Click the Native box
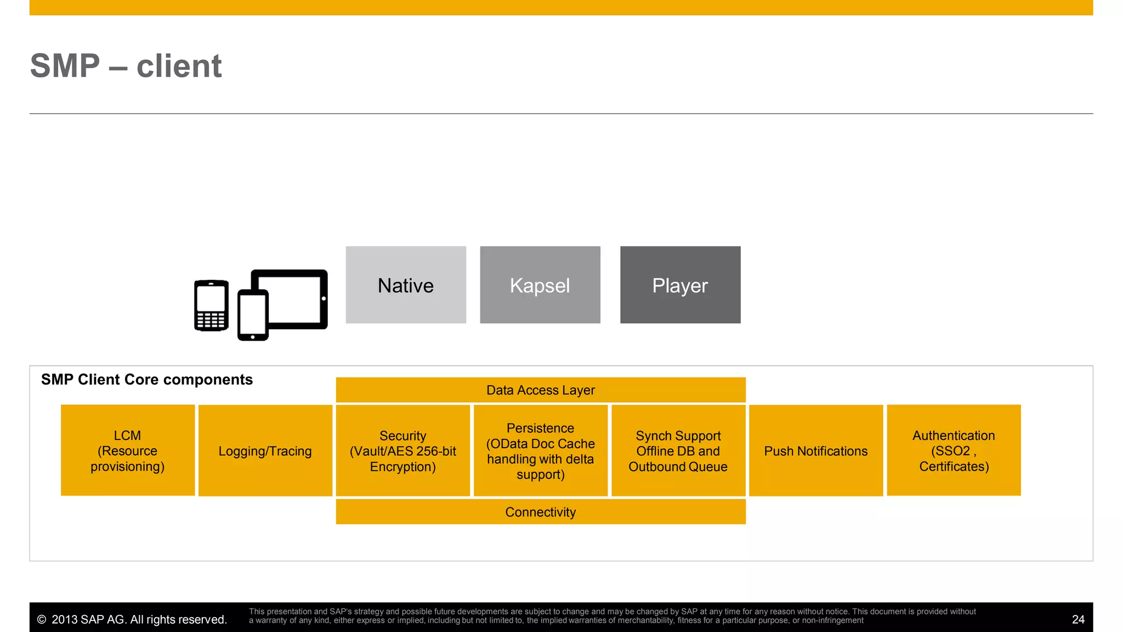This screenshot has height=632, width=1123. click(x=406, y=285)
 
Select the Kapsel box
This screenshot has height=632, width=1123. click(x=540, y=285)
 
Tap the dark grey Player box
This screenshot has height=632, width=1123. click(x=680, y=285)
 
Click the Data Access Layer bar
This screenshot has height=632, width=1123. click(x=540, y=390)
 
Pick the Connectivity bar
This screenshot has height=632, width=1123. click(x=540, y=512)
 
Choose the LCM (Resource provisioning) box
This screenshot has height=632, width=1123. click(x=128, y=450)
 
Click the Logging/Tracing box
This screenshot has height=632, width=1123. click(x=265, y=451)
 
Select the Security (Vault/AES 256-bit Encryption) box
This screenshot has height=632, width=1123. click(x=403, y=451)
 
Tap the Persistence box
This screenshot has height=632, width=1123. click(x=541, y=451)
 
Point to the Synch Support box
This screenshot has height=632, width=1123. click(x=678, y=451)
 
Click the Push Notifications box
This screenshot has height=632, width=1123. click(x=816, y=451)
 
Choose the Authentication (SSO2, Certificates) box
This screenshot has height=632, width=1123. click(x=954, y=450)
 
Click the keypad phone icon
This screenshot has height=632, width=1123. click(x=211, y=306)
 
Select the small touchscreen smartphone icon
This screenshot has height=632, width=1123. click(x=253, y=315)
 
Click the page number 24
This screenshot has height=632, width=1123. click(x=1078, y=619)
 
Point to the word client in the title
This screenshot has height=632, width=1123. click(x=179, y=66)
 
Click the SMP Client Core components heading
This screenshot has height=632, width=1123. click(x=147, y=380)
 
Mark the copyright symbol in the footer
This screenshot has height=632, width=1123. click(x=42, y=620)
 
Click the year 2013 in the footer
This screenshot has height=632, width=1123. click(x=64, y=620)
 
